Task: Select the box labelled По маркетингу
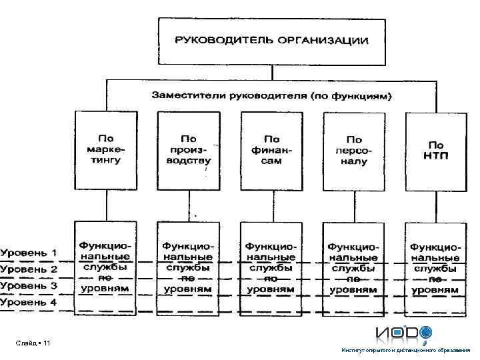pyautogui.click(x=105, y=151)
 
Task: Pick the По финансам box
pyautogui.click(x=271, y=151)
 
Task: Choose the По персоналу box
pyautogui.click(x=353, y=151)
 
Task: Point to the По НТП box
pyautogui.click(x=436, y=151)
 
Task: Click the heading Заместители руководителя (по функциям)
pyautogui.click(x=272, y=95)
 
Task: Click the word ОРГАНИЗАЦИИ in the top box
pyautogui.click(x=324, y=40)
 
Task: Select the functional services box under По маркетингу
pyautogui.click(x=105, y=267)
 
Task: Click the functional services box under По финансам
pyautogui.click(x=271, y=267)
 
